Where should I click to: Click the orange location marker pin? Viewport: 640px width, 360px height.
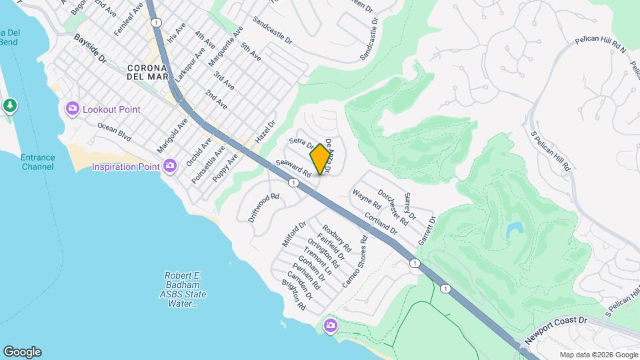tap(320, 159)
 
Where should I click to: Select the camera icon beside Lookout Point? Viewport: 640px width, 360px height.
tap(73, 108)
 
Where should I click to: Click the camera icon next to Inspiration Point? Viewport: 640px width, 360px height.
tap(170, 165)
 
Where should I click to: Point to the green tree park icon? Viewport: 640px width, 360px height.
tap(9, 105)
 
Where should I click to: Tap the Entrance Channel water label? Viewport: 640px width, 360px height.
tap(37, 162)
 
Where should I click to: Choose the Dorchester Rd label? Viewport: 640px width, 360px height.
tap(393, 207)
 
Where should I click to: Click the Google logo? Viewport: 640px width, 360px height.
tap(22, 352)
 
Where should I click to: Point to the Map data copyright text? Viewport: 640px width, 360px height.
tap(598, 355)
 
